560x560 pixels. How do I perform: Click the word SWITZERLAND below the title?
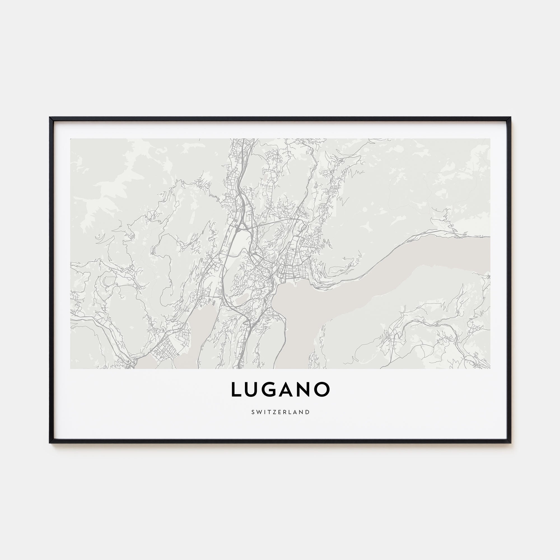[x=280, y=412]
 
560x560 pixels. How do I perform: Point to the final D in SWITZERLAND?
[x=308, y=412]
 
